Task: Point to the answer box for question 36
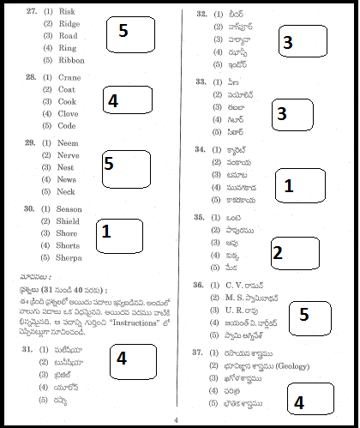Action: click(306, 315)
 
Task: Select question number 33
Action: click(201, 82)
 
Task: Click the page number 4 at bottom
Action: click(175, 420)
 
